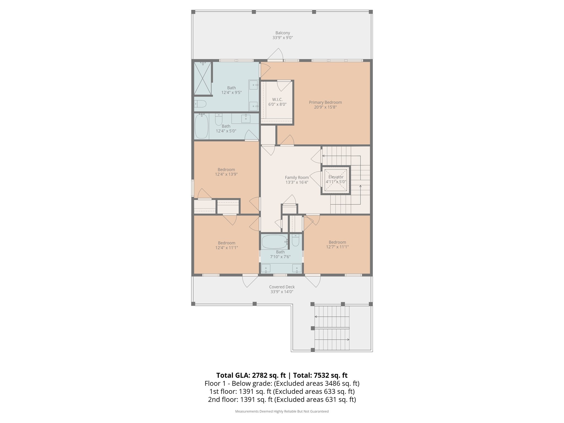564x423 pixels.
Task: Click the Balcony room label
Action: [x=283, y=33]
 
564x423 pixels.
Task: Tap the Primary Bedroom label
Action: [x=325, y=102]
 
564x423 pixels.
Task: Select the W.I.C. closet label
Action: [x=277, y=99]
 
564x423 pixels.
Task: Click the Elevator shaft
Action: [x=336, y=180]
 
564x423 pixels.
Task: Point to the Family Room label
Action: [x=297, y=178]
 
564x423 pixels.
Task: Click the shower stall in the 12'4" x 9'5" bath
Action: [x=202, y=78]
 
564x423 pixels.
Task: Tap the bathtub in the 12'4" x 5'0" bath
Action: [x=201, y=126]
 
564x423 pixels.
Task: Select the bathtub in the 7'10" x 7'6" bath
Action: [x=274, y=242]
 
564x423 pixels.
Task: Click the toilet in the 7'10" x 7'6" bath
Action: [x=295, y=240]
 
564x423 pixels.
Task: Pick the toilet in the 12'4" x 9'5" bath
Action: [x=200, y=104]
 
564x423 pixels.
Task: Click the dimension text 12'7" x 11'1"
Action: [x=337, y=247]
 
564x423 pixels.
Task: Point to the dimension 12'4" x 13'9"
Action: [x=226, y=174]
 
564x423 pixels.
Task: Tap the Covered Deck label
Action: [x=282, y=287]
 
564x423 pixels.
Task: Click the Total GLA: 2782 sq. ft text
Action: [x=251, y=375]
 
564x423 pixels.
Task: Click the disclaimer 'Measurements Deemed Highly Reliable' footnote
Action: [x=282, y=411]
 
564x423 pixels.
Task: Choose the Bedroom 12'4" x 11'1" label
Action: [x=226, y=243]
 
